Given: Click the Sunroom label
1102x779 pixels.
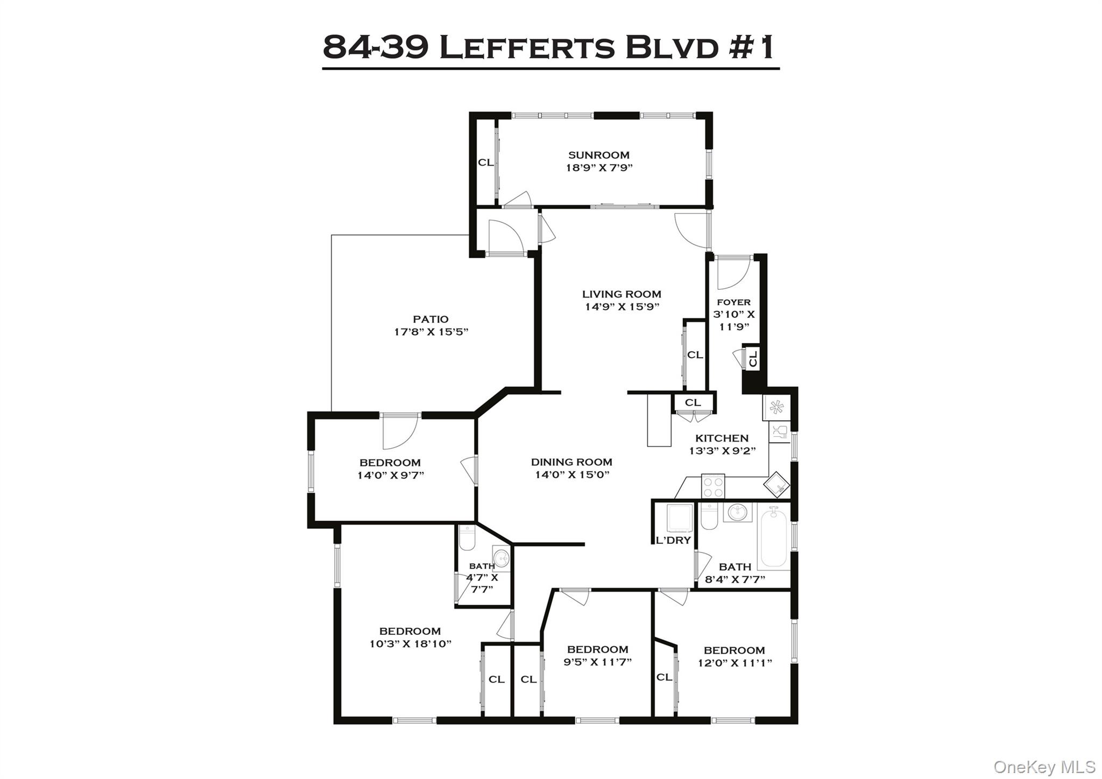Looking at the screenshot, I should (598, 155).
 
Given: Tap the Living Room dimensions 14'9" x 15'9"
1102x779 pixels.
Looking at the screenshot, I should (622, 307).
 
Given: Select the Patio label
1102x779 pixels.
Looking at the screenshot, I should (430, 319).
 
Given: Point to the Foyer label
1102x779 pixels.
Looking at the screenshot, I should (733, 302).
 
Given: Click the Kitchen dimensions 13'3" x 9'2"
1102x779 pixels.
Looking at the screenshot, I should (722, 451).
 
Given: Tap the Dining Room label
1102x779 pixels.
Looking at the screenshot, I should (571, 462).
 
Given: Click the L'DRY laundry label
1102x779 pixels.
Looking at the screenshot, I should (673, 540).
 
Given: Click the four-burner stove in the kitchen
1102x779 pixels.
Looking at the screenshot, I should (713, 486).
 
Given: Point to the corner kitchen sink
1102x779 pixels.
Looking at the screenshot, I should (776, 485).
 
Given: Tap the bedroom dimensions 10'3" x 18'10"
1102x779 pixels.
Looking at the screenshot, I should (410, 643).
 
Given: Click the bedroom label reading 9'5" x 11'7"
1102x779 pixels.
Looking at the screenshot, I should (597, 649).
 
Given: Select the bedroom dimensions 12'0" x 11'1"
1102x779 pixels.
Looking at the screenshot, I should (734, 663).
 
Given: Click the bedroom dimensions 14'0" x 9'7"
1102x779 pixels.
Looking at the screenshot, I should (391, 475).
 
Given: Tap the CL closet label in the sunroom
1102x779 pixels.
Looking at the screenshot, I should (485, 162).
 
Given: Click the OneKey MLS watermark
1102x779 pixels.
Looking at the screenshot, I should (1044, 766).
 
